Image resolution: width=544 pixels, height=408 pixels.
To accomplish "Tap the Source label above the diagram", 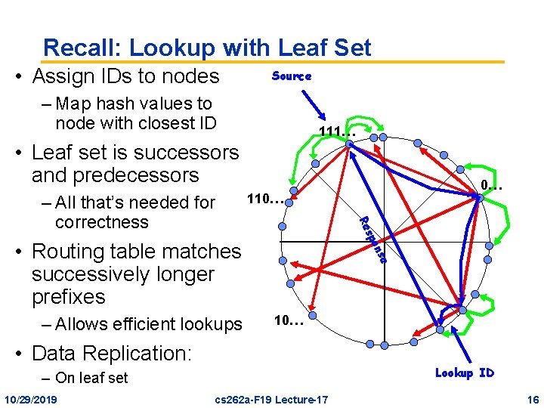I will (292, 76).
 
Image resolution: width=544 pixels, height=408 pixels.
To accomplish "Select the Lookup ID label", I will (464, 372).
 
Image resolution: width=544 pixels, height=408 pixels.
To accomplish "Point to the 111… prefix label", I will (337, 133).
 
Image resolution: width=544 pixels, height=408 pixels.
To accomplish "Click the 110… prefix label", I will (266, 200).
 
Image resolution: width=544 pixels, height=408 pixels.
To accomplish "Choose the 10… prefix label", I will (288, 320).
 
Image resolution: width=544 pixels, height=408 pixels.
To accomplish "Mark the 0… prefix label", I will (491, 184).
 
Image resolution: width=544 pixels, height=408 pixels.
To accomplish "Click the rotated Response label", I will (373, 240).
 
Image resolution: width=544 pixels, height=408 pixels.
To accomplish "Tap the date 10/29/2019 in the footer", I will (35, 398).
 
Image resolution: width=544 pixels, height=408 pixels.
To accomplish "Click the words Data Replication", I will (112, 353).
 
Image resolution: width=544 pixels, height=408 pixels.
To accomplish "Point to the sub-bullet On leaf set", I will (91, 378).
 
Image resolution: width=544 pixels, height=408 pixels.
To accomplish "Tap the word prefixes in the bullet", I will (69, 297).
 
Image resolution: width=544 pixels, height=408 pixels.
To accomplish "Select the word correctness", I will (102, 222).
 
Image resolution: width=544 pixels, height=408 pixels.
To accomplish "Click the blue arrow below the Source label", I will (311, 103).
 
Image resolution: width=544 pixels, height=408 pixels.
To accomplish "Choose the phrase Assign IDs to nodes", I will (125, 76).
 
